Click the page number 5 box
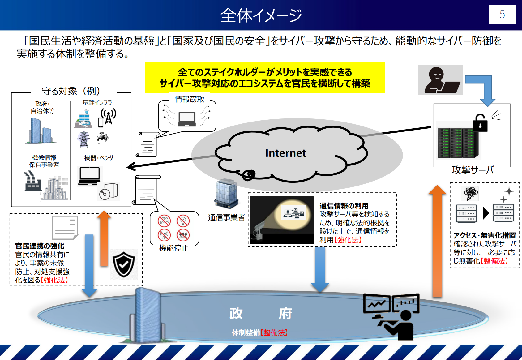point(502,14)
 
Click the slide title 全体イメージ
point(261,15)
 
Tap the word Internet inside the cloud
point(285,153)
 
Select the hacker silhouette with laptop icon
point(440,80)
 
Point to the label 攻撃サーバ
point(472,170)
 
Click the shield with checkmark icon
point(124,264)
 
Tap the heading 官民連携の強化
point(40,246)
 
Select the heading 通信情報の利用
point(344,206)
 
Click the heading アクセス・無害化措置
point(484,235)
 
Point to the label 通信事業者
point(226,217)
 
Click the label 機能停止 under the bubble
point(173,248)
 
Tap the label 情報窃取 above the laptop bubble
point(189,99)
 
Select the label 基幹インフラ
point(97,103)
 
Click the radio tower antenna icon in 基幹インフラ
point(108,117)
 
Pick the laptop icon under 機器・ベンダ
point(89,176)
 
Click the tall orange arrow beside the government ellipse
point(437,241)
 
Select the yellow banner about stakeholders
point(265,78)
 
